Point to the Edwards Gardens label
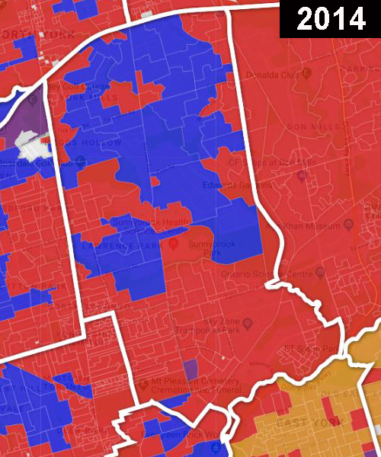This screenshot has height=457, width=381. point(226,184)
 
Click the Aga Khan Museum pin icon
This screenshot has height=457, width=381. point(348,225)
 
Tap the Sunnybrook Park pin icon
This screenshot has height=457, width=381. point(173,244)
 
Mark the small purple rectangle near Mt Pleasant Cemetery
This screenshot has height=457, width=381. point(191,370)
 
